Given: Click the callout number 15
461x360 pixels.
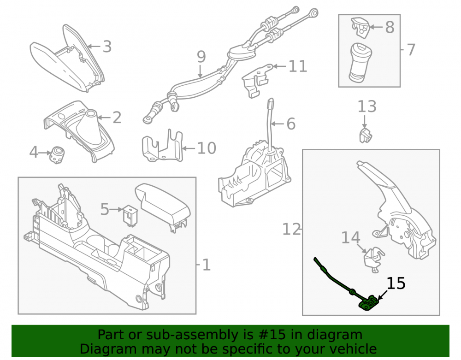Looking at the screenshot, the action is pos(396,283).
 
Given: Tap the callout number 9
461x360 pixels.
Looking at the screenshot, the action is pos(201,57).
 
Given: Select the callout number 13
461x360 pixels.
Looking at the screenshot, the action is pos(366,106).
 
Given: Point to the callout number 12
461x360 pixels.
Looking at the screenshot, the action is pos(291,229).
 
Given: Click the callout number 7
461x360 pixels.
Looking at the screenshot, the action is pos(411,50).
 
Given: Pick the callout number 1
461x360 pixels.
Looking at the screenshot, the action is pos(207,265).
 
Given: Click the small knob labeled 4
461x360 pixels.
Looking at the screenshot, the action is pos(57,154).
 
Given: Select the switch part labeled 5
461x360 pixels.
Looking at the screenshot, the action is pos(130,215).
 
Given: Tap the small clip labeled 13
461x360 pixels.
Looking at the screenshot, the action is pos(366,135).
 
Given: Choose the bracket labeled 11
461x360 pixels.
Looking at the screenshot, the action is pos(256,80).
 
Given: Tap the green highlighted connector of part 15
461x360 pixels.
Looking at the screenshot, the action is pos(367,303).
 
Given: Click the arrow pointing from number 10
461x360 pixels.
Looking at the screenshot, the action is pos(189,148).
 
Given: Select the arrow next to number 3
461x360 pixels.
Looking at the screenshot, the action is pos(94,46).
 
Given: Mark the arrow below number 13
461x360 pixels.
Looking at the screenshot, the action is pos(365,121).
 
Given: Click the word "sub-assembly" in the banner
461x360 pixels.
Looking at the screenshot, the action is pos(199,335).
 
